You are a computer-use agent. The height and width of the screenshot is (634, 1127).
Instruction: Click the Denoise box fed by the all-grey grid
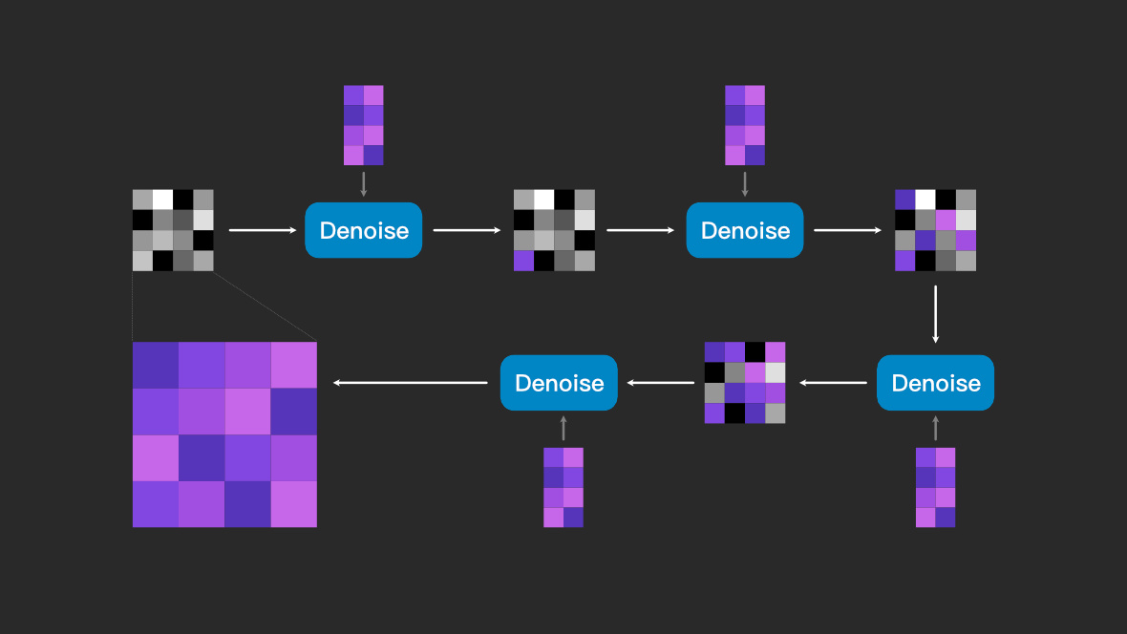[x=363, y=230]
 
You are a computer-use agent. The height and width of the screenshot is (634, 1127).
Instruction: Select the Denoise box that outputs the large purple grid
[x=559, y=383]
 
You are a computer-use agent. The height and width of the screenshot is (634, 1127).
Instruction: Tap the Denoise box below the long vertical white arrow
[x=935, y=383]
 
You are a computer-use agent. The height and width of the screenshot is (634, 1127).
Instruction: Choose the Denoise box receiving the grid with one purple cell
[x=745, y=230]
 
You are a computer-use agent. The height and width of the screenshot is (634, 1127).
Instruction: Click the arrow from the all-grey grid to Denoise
[x=263, y=230]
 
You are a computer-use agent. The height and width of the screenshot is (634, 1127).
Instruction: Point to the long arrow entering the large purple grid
[x=410, y=383]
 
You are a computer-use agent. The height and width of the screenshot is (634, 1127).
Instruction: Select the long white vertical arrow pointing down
[x=935, y=314]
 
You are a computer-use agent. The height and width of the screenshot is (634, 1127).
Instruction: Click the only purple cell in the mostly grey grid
[x=524, y=261]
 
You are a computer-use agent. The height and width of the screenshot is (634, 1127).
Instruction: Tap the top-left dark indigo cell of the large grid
[x=156, y=365]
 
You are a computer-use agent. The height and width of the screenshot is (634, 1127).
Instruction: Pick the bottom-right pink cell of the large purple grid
[x=294, y=504]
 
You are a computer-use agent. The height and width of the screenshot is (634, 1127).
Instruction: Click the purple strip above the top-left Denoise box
[x=363, y=125]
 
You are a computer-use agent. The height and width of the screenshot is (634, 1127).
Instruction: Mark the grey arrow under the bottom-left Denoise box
[x=563, y=428]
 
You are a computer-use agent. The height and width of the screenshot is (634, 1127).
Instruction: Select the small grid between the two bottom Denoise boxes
[x=745, y=383]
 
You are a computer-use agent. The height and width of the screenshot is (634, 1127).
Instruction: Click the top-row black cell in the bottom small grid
[x=755, y=352]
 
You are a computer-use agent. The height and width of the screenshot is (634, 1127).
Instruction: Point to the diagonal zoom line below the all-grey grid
[x=266, y=306]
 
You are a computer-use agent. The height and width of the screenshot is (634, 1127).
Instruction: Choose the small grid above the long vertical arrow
[x=935, y=230]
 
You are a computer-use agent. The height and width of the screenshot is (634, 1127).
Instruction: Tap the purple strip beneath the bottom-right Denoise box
[x=935, y=487]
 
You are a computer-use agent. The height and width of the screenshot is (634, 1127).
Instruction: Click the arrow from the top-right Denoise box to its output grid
[x=847, y=230]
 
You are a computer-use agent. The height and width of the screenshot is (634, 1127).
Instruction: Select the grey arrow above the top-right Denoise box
[x=745, y=184]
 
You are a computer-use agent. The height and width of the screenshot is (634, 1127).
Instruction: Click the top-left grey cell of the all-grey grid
[x=142, y=200]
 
